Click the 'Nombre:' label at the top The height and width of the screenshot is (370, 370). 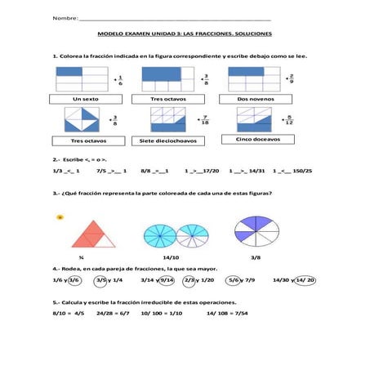pyautogui.click(x=65, y=18)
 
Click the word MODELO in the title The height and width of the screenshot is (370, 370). pyautogui.click(x=109, y=33)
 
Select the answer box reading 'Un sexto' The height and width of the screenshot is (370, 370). pyautogui.click(x=85, y=99)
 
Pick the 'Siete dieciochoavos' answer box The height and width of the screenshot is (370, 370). pyautogui.click(x=170, y=140)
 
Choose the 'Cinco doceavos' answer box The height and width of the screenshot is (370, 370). pyautogui.click(x=257, y=140)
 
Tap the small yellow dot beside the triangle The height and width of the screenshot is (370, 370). pyautogui.click(x=60, y=217)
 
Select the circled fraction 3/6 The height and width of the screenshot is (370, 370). pyautogui.click(x=75, y=280)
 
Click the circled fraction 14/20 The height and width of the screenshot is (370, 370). pyautogui.click(x=305, y=280)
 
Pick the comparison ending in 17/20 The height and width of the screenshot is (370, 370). pyautogui.click(x=203, y=172)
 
